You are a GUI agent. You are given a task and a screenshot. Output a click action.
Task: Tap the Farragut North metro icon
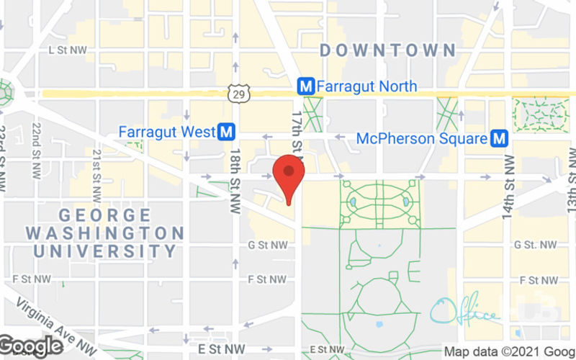pyautogui.click(x=306, y=86)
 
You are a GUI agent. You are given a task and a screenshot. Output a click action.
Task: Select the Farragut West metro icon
pyautogui.click(x=228, y=132)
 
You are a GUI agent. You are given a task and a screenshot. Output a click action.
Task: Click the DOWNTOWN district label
pyautogui.click(x=387, y=50)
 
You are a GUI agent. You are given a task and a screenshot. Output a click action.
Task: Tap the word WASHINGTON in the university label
pyautogui.click(x=104, y=233)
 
